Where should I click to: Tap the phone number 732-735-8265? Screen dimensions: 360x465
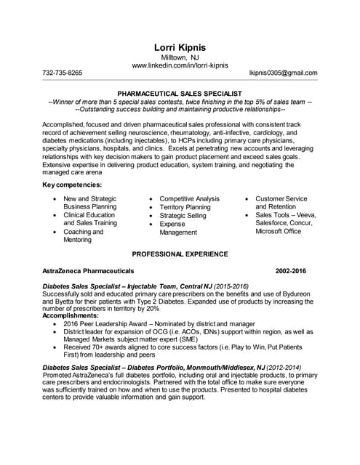click(63, 73)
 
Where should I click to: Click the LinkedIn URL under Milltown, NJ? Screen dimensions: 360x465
click(180, 65)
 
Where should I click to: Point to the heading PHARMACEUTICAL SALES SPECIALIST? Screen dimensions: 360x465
click(180, 94)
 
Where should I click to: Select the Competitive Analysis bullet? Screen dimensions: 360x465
click(189, 199)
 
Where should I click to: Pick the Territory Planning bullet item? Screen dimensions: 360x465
click(185, 207)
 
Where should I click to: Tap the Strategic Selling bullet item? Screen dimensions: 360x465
click(183, 216)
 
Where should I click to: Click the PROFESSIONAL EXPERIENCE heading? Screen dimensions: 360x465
click(180, 254)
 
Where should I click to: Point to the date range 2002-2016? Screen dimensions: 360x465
click(291, 271)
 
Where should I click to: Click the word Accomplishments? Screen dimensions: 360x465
click(76, 316)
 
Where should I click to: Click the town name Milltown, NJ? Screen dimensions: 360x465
click(180, 57)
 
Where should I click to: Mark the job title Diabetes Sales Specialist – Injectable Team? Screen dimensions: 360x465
click(118, 287)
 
